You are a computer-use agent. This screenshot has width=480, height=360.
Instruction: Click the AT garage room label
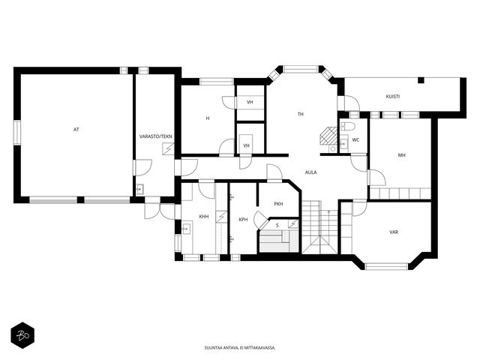tap(76, 130)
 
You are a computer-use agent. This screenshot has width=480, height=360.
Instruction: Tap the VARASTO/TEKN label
tap(155, 136)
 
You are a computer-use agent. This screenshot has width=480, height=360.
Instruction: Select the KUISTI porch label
tap(393, 97)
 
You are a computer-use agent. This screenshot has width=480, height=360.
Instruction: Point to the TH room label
tap(301, 114)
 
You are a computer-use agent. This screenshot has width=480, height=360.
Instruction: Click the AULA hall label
tap(310, 172)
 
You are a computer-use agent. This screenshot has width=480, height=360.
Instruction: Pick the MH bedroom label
tap(402, 155)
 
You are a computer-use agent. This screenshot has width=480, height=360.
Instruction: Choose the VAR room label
tap(394, 232)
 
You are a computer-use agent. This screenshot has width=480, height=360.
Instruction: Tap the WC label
tap(355, 140)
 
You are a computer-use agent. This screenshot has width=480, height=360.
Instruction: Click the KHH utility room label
tap(204, 217)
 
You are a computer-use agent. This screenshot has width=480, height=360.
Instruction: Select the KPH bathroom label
tap(243, 220)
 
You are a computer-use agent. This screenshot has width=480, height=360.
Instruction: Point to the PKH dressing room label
tap(278, 204)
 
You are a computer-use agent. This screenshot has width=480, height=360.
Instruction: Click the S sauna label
tap(277, 226)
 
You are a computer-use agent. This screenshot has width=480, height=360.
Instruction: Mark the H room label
tap(208, 118)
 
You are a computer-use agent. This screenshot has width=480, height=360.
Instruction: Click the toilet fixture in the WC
tap(348, 126)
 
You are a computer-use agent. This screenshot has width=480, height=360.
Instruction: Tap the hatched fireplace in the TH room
tap(328, 136)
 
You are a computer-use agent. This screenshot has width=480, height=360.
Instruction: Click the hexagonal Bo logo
tap(22, 335)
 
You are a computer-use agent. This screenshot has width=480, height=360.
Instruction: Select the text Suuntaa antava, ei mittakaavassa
tap(240, 348)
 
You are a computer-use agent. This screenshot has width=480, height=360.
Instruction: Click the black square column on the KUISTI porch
tap(421, 80)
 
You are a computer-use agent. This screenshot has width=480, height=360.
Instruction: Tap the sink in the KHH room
tap(186, 229)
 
